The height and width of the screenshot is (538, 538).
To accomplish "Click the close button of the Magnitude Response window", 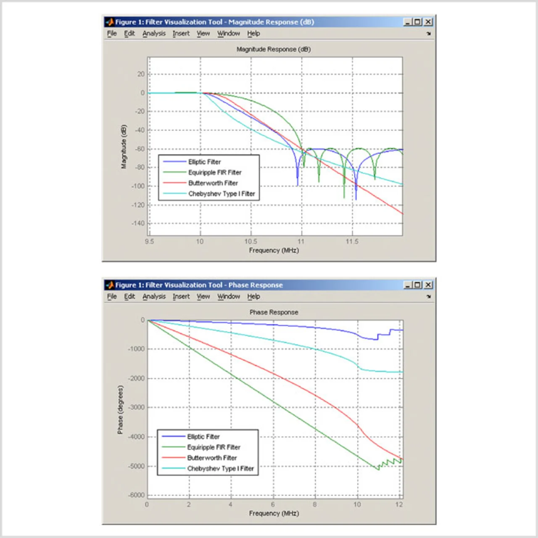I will pos(428,22).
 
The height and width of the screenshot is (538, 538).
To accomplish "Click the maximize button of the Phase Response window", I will pos(417,285).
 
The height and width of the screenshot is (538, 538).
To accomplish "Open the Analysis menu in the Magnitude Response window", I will pos(154,34).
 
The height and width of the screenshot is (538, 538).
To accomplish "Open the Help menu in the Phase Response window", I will pos(253,297).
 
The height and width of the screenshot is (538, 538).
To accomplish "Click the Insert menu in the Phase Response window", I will pos(181,297).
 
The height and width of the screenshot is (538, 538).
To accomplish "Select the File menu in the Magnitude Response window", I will pos(112,34).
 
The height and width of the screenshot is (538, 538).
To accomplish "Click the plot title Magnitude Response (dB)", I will pos(274,50).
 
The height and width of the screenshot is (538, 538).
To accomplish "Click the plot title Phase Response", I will pos(274,312).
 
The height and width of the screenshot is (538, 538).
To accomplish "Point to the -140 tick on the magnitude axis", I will pos(138,224).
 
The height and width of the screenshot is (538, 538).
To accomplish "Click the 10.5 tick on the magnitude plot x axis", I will pos(251,242).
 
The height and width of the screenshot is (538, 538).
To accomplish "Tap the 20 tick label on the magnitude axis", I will pos(140,74).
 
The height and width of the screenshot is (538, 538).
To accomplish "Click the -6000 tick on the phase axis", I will pos(136,495).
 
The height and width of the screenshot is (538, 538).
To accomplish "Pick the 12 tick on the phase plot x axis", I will pos(399,504).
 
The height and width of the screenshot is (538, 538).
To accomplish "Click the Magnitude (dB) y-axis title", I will pos(124,147).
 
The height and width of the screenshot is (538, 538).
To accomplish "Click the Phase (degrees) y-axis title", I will pos(121,410).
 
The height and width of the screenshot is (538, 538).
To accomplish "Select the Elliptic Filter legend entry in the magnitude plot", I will pos(204,162).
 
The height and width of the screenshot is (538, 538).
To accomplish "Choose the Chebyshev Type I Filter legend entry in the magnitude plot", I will pos(222,194).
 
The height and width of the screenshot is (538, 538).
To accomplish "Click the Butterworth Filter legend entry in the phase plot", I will pos(212,458).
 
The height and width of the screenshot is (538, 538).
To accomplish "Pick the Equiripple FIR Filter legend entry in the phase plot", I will pos(214,447).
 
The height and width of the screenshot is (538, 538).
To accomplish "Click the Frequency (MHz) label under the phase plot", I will pos(274,513).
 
